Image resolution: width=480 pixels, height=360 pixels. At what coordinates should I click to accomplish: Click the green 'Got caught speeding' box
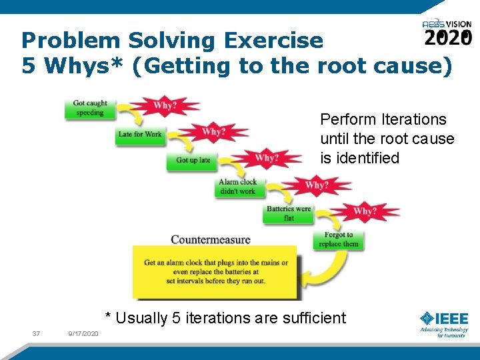(x=90, y=109)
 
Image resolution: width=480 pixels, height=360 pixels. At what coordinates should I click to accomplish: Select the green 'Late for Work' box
(x=140, y=135)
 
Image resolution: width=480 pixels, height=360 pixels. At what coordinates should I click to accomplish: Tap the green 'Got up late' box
(x=193, y=160)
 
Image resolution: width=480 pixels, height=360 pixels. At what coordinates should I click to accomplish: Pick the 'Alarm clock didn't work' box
(x=238, y=187)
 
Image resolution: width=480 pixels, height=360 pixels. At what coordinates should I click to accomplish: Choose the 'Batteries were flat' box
(x=289, y=213)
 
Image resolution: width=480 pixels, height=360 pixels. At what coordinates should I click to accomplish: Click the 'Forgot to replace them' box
(x=339, y=239)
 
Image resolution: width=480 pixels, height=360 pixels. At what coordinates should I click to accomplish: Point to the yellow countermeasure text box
(x=215, y=271)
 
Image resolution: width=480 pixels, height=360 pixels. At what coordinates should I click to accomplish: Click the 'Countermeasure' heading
(x=210, y=239)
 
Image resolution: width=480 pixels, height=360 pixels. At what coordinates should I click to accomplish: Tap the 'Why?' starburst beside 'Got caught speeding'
(x=165, y=106)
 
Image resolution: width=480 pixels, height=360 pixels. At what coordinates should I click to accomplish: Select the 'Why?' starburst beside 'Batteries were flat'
(x=365, y=212)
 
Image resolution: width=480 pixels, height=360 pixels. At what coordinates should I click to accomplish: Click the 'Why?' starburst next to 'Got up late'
(x=266, y=159)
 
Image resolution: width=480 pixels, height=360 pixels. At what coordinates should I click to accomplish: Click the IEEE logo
(x=444, y=323)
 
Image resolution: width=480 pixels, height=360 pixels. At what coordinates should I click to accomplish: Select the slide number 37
(x=36, y=333)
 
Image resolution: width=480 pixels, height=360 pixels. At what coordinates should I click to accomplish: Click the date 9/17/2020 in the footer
(x=83, y=333)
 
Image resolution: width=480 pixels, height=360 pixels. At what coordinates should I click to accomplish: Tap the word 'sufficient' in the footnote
(x=313, y=318)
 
